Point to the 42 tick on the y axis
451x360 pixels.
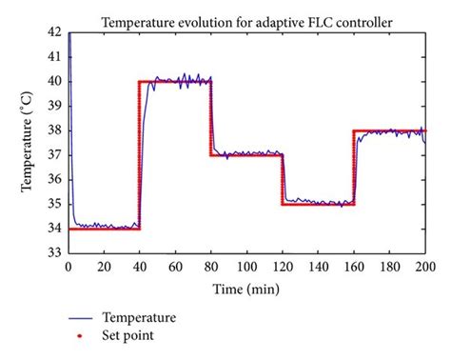[x=55, y=31]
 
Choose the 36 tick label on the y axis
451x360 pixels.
[x=55, y=178]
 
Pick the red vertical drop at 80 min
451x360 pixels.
[x=211, y=119]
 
